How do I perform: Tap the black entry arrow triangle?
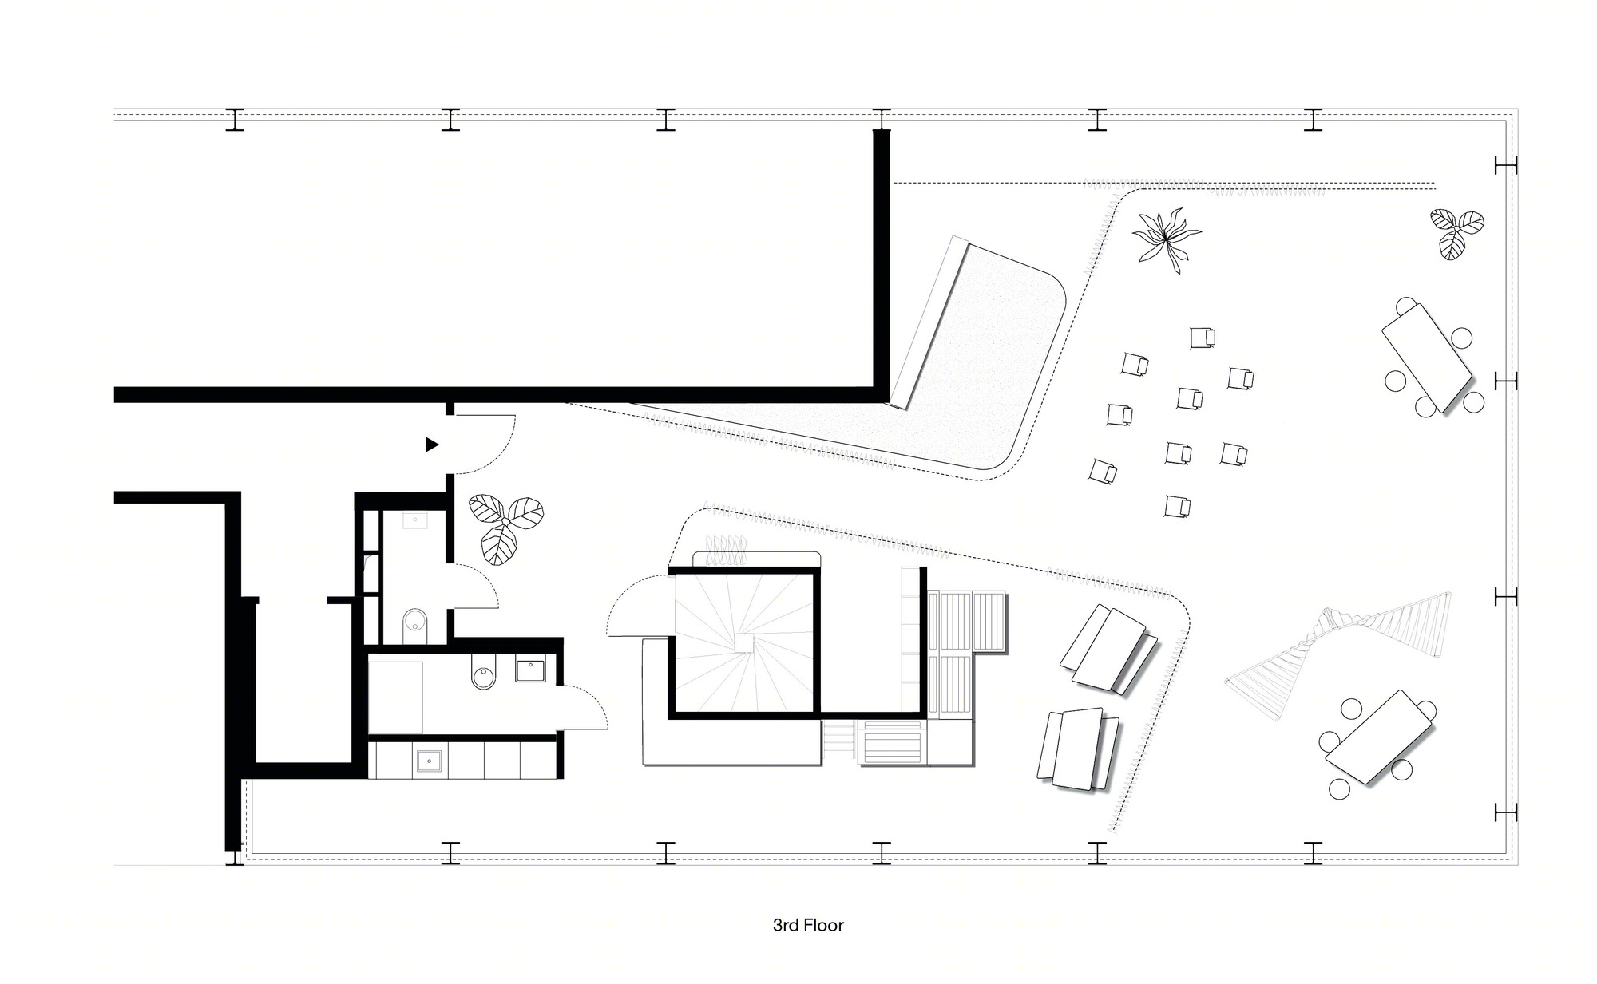[x=432, y=445]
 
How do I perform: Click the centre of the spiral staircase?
[x=744, y=642]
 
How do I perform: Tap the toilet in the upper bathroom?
[x=415, y=622]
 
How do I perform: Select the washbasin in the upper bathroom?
[x=415, y=520]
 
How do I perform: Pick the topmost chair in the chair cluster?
[x=1201, y=338]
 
